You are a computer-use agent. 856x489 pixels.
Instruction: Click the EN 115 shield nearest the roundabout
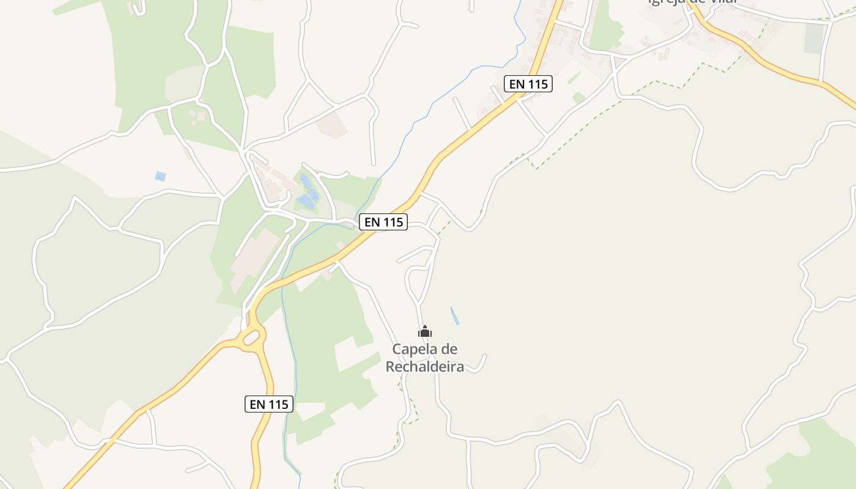[x=269, y=404]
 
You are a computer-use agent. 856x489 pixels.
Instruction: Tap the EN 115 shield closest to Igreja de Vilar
[x=528, y=84]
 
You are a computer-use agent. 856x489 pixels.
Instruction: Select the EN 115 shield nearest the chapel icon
[x=383, y=222]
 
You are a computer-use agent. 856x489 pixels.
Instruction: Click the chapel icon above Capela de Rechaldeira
[x=425, y=332]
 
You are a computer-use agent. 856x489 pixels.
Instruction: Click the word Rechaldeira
[x=425, y=367]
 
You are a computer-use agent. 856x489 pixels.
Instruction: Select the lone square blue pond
[x=160, y=176]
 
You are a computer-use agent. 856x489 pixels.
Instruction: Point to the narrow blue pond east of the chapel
[x=454, y=315]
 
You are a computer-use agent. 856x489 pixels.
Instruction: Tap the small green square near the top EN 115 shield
[x=578, y=98]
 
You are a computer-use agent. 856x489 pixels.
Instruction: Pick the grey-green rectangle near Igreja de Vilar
[x=814, y=38]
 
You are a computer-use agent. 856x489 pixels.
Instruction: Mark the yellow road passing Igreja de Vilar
[x=764, y=61]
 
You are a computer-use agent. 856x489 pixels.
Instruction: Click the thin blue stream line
[x=428, y=116]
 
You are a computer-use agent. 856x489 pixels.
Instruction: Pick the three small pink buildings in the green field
[x=197, y=116]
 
